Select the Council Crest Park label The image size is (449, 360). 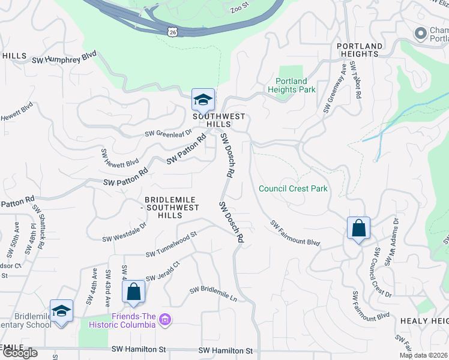293,188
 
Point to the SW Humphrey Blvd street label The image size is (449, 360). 65,56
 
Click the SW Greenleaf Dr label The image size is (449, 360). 167,133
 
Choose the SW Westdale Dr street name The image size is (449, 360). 124,232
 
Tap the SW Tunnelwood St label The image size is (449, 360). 171,244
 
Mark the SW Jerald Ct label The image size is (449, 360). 163,271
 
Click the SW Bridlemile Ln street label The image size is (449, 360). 214,293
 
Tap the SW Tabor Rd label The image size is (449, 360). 357,81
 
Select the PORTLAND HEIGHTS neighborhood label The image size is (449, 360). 360,50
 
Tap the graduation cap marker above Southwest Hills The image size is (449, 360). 203,100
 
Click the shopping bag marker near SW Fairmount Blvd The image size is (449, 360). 358,228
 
